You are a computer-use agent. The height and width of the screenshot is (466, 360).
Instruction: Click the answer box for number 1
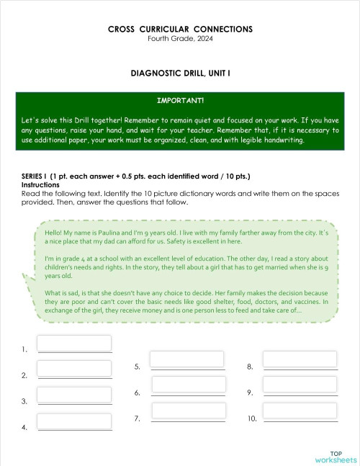74,344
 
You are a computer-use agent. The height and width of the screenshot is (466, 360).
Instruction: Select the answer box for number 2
74,369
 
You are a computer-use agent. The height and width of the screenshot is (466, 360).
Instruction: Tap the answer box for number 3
74,395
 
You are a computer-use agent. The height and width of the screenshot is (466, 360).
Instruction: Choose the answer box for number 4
74,421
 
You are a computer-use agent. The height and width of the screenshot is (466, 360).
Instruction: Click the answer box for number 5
186,359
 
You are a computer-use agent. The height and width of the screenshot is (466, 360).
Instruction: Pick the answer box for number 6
188,385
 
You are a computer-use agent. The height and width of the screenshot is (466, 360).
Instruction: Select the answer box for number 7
186,411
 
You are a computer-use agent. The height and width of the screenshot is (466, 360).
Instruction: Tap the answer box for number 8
300,359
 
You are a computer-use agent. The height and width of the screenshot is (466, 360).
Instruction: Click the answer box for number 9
300,385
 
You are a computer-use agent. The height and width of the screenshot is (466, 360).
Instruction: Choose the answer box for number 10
300,411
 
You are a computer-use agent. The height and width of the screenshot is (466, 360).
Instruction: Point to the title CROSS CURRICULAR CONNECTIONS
180,30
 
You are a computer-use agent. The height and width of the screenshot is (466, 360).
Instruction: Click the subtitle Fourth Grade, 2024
180,38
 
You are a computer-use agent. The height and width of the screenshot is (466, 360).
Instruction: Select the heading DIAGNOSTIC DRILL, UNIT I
180,73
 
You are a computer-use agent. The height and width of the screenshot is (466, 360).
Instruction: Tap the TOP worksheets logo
335,456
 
